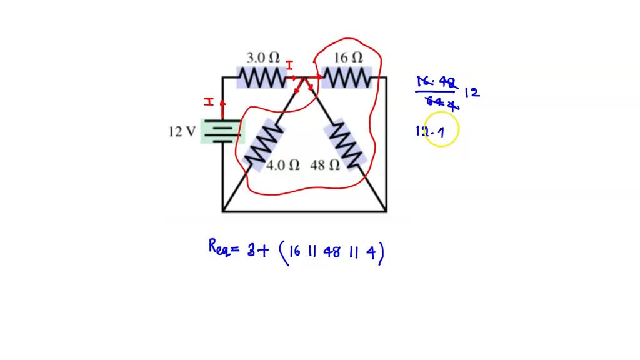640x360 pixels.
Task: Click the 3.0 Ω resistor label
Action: click(x=262, y=57)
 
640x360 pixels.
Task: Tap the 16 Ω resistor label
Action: click(x=348, y=57)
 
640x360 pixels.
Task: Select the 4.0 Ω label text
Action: click(x=283, y=166)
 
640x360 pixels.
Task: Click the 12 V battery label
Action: click(x=182, y=132)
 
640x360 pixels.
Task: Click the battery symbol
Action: click(x=222, y=131)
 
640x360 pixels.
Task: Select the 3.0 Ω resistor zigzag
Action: click(x=261, y=78)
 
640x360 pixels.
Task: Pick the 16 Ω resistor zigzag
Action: click(x=347, y=78)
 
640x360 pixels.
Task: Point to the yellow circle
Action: click(x=441, y=129)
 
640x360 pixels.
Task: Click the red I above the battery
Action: click(x=209, y=102)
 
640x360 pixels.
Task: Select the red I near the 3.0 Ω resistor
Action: click(x=289, y=66)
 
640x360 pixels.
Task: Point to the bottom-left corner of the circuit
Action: click(x=223, y=211)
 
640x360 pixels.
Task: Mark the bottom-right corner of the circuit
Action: click(x=386, y=211)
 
